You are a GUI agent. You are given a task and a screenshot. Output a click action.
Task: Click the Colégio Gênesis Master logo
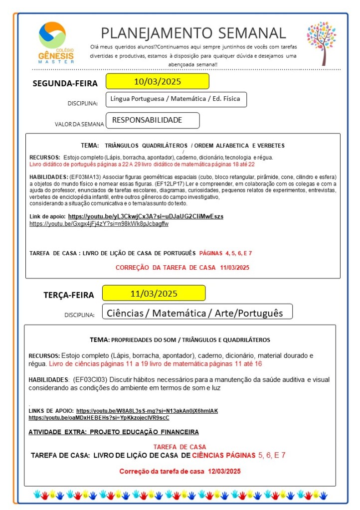(x=56, y=42)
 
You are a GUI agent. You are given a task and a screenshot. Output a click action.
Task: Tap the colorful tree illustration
(x=321, y=43)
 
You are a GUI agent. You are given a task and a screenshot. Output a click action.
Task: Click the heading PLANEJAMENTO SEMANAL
(x=193, y=33)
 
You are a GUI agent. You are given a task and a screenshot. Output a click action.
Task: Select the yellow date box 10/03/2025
(x=157, y=81)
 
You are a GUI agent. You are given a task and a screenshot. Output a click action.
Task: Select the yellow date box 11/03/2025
(x=154, y=293)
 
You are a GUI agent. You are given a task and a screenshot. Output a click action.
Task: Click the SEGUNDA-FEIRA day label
(x=65, y=83)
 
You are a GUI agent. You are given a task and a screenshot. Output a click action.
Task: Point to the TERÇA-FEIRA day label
(x=68, y=295)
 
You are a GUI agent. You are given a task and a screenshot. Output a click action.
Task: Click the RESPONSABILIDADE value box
(x=153, y=120)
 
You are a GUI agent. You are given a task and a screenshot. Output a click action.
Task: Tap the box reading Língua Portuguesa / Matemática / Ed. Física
(x=176, y=99)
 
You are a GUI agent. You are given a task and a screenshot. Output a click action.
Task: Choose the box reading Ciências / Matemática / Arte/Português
(x=196, y=313)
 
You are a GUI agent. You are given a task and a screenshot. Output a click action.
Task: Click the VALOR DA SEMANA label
(x=79, y=124)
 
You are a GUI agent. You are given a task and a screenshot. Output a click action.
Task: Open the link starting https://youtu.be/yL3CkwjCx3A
(x=146, y=216)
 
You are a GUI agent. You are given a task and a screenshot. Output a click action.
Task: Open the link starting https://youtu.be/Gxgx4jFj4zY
(x=99, y=224)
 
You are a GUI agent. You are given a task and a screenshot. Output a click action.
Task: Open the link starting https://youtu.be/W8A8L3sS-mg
(x=147, y=411)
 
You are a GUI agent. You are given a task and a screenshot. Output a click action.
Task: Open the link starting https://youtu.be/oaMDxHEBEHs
(x=99, y=418)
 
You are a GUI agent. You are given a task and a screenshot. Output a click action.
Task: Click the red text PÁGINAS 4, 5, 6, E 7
(x=225, y=253)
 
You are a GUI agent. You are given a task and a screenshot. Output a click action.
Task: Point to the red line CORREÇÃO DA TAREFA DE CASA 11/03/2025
(x=182, y=268)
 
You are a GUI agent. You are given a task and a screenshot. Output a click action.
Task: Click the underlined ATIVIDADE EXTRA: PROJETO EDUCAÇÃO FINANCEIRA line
(x=114, y=432)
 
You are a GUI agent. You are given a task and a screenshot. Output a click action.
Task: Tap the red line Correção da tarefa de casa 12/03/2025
(x=180, y=471)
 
